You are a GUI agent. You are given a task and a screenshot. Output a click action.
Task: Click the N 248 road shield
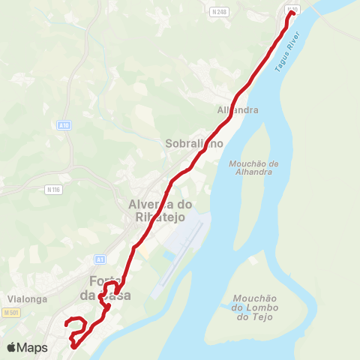click(x=220, y=12)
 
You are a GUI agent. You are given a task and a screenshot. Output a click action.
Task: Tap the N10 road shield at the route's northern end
click(x=292, y=9)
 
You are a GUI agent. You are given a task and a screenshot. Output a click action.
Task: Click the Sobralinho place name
click(x=194, y=143)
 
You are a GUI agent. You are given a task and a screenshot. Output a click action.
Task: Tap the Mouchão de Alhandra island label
click(x=252, y=167)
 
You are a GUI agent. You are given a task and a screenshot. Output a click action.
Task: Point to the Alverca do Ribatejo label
click(x=161, y=210)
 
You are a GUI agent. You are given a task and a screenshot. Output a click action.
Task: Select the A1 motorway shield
click(x=100, y=259)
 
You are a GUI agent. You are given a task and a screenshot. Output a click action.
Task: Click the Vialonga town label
click(x=28, y=298)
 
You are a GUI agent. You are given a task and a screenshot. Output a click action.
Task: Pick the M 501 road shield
click(x=11, y=312)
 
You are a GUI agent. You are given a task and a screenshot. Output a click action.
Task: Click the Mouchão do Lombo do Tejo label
click(x=256, y=307)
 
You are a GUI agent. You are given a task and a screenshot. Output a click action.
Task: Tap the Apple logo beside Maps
click(x=11, y=348)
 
